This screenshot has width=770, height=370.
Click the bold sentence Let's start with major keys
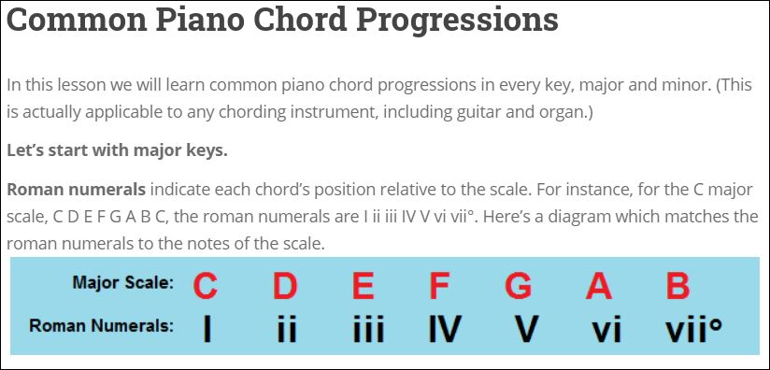coord(117,149)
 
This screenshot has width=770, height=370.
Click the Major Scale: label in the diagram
coord(122,283)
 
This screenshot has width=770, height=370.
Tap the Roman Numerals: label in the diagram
coord(102,326)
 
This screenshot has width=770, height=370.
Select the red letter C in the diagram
coord(206,285)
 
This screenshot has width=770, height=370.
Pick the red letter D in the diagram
coord(284,285)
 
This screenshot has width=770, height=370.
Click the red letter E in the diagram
coord(363,285)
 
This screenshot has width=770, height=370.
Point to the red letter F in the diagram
coord(439,285)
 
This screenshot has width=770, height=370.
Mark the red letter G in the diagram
coord(518,285)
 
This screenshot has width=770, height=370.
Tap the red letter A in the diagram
coord(598,285)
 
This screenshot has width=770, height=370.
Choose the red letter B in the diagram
coord(677,285)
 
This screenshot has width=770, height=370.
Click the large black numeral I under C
coord(206,329)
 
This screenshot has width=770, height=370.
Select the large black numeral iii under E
coord(368,329)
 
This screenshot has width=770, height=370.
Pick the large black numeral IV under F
coord(444,329)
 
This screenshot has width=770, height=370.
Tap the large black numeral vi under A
coord(606,329)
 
